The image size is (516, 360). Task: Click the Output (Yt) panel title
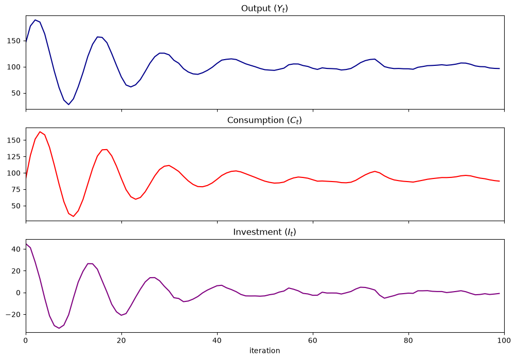[x=264, y=9]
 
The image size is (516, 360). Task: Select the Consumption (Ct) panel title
[x=264, y=120]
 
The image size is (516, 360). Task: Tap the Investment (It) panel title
[x=264, y=232]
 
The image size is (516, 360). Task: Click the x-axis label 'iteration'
[x=264, y=351]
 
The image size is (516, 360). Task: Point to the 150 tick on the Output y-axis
[x=13, y=41]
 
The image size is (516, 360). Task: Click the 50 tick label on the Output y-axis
[x=16, y=93]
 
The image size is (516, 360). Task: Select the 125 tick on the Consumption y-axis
[x=13, y=157]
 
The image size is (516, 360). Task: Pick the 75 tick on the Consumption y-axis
[x=16, y=190]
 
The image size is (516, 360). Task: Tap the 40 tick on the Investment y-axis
[x=16, y=249]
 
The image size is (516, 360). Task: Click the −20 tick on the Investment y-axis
[x=13, y=315]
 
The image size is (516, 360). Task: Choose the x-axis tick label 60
[x=313, y=340]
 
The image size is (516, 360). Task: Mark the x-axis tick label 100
[x=504, y=340]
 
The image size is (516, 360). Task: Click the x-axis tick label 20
[x=121, y=340]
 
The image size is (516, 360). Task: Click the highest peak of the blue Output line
[x=35, y=20]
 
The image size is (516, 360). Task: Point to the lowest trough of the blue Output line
[x=69, y=104]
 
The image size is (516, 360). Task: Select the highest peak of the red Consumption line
[x=40, y=132]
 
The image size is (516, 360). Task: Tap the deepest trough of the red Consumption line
[x=74, y=217]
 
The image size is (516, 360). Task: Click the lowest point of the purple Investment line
[x=59, y=328]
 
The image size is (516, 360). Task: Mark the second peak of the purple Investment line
[x=90, y=264]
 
